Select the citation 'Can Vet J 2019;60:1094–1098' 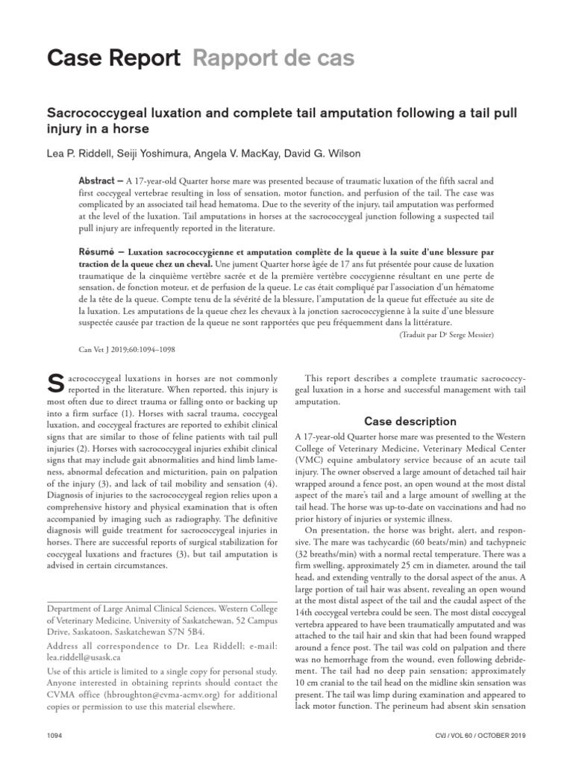[128, 348]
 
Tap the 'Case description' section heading [410, 422]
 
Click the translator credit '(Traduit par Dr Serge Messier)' [442, 335]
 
